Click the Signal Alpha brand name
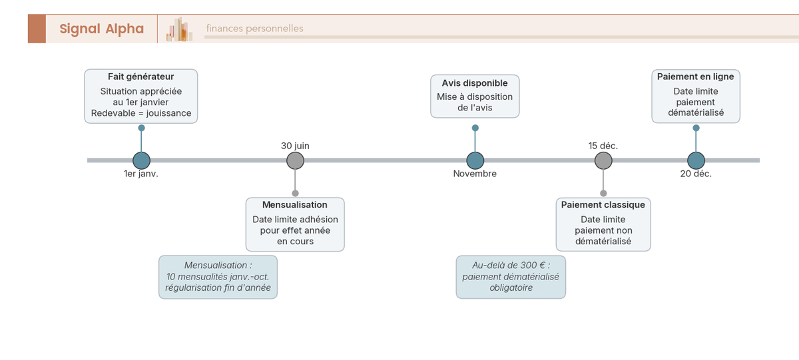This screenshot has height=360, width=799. pos(102,29)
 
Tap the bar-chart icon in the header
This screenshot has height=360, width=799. pos(179,29)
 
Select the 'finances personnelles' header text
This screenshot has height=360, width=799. pos(254,29)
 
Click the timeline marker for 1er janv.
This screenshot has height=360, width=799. pos(141,160)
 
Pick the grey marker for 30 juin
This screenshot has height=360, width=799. pos(296,160)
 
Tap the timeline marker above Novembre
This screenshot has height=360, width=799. pos(475,160)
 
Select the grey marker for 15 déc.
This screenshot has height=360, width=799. pos(603,160)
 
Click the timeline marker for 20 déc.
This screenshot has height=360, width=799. pos(696,160)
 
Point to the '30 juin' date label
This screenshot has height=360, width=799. pos(295,146)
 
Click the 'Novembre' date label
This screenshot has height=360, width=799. pos(475,174)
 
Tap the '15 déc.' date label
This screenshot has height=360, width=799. pos(603,146)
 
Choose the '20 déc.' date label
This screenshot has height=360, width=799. pos(696,174)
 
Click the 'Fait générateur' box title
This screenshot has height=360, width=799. pos(141,77)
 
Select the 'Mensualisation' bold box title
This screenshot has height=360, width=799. pos(294,205)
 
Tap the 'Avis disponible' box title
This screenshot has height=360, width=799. pos(475,83)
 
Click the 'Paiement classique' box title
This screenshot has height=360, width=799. pos(603,205)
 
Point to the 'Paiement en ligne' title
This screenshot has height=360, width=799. pos(696,77)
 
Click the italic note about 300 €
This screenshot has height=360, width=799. pos(511,277)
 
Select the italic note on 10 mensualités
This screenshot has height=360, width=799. pos(218,277)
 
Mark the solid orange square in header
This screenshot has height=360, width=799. pos(37,29)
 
